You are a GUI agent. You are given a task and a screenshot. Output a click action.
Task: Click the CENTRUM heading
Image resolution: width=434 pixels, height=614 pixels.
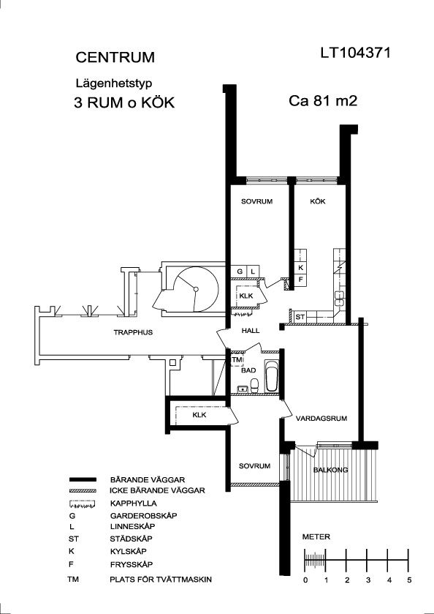(115, 57)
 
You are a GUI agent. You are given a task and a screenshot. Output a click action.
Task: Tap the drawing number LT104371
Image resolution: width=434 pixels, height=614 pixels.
(355, 53)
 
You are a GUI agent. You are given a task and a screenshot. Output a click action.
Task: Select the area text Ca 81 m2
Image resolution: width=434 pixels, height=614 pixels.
(323, 101)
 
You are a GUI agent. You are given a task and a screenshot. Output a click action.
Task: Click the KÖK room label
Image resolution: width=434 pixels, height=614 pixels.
(318, 202)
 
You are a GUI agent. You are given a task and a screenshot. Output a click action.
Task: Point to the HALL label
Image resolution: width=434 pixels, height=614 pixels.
(250, 331)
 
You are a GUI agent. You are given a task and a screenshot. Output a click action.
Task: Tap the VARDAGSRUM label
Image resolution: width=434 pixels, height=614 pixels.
(321, 418)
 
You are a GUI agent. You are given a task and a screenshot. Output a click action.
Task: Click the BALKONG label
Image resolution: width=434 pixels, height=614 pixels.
(331, 470)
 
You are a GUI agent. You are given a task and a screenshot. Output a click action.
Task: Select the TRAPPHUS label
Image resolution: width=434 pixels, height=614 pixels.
(133, 332)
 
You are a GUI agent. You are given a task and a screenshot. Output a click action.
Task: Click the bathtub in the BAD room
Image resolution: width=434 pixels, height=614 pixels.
(271, 376)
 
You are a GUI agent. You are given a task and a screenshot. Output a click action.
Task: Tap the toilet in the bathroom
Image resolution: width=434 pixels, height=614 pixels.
(254, 385)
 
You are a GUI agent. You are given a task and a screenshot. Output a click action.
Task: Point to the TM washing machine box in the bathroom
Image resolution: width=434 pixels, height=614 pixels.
(237, 359)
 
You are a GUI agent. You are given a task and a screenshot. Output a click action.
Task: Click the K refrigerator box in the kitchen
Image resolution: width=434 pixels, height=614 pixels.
(300, 268)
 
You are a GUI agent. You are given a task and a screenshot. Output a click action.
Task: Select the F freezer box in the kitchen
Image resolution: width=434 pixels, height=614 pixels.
(300, 280)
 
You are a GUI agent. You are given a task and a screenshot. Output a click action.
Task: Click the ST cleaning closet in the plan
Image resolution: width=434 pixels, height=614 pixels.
(300, 317)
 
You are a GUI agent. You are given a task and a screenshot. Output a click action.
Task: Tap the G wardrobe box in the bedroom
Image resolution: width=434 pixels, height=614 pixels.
(240, 271)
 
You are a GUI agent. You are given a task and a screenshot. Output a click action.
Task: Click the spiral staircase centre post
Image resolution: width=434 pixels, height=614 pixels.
(197, 289)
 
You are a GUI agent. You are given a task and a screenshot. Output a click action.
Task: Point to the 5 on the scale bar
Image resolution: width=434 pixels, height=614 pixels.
(409, 580)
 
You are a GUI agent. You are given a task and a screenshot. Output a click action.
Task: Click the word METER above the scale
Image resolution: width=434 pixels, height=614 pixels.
(316, 537)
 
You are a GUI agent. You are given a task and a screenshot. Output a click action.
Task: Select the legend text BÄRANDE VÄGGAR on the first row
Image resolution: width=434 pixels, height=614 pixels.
(148, 479)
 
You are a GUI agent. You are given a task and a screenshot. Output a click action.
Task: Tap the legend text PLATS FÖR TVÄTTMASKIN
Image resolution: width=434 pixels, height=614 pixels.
(161, 579)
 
